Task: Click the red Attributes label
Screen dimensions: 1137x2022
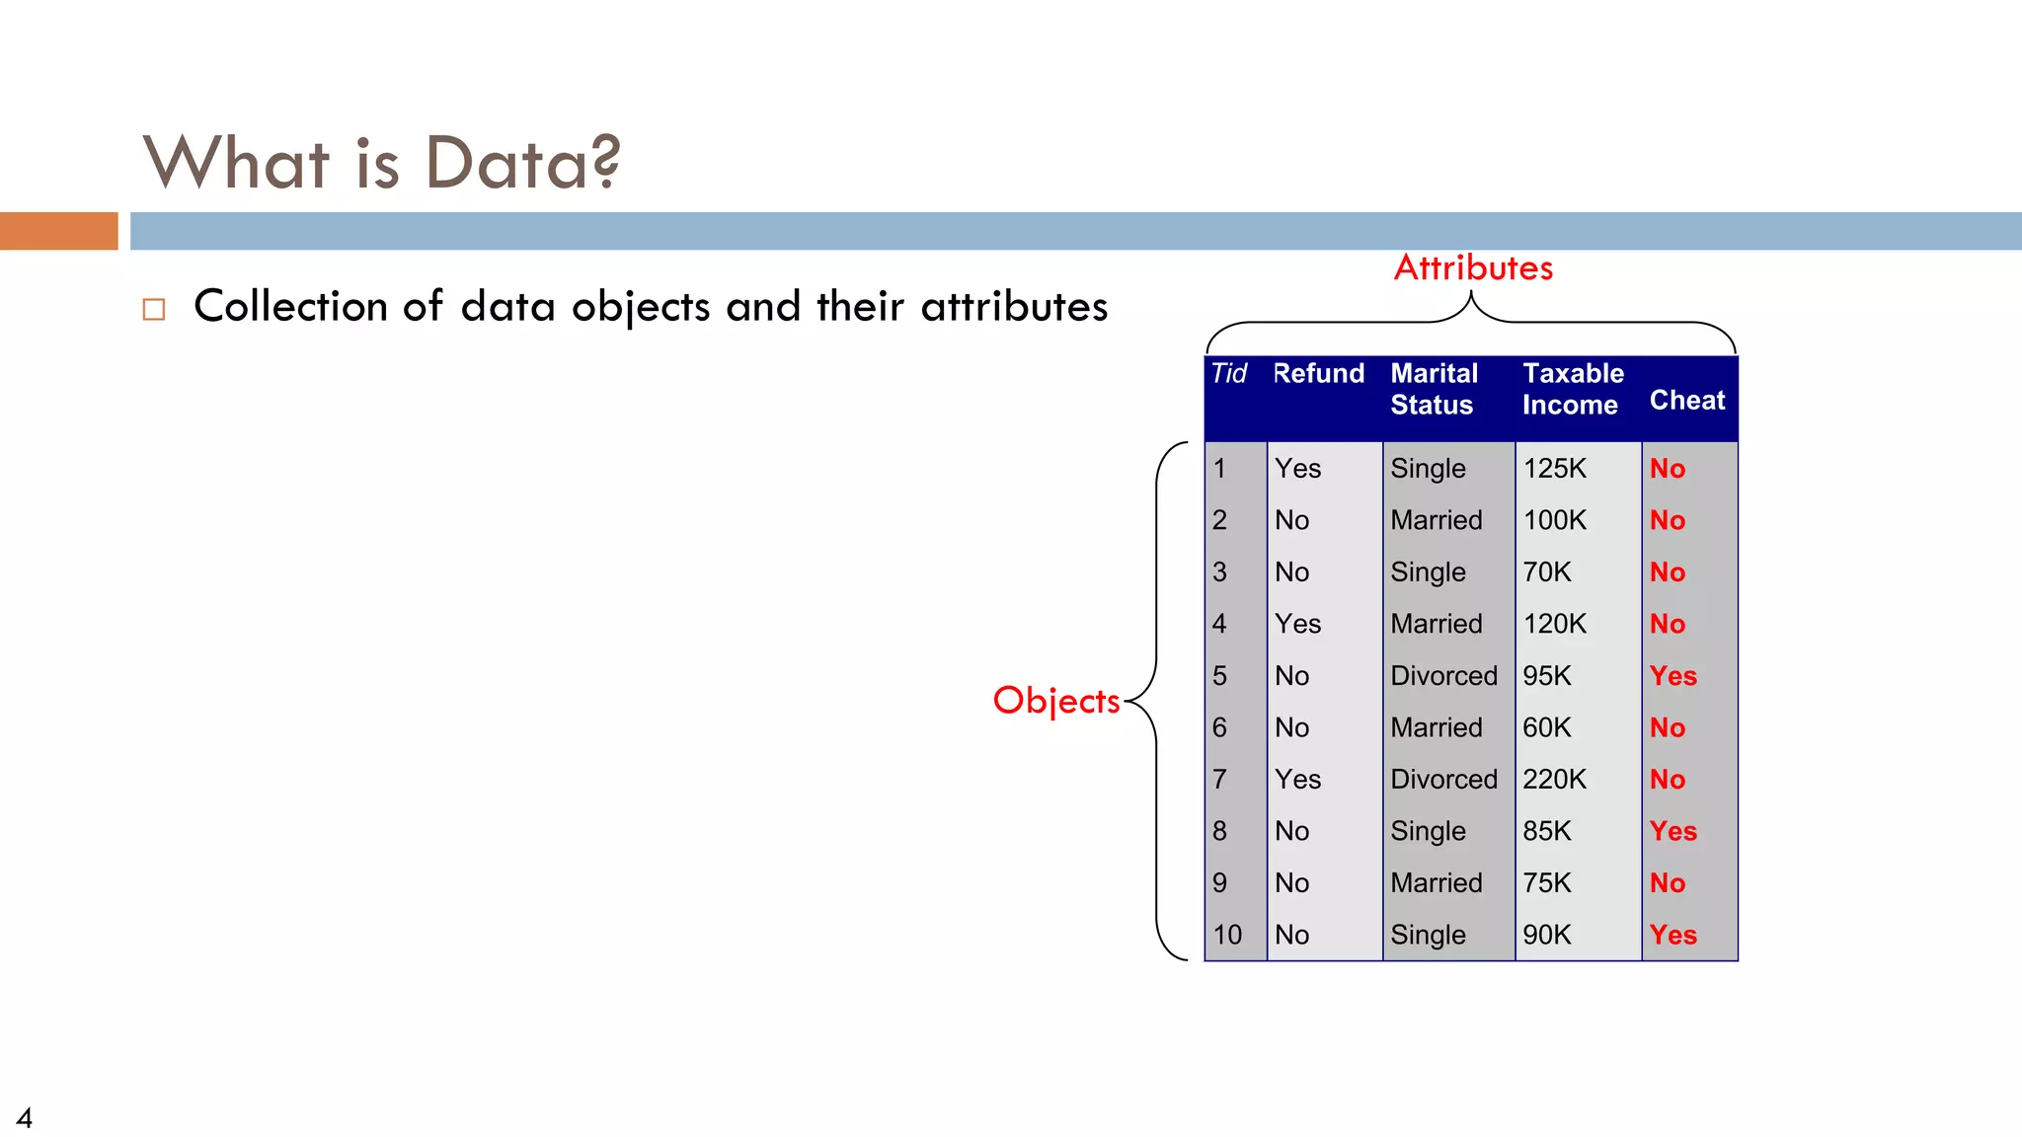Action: point(1472,268)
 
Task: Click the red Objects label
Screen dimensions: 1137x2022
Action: point(1055,701)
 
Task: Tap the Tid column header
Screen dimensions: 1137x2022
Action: point(1229,374)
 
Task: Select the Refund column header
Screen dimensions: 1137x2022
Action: point(1318,374)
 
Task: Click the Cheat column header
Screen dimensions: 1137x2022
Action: point(1686,401)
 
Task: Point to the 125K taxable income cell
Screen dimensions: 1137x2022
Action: point(1554,469)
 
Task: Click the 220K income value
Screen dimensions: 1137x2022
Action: point(1554,780)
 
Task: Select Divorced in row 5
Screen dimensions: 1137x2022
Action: point(1443,676)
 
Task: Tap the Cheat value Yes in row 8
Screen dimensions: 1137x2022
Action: point(1672,832)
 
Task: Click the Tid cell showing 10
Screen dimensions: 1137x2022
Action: point(1227,935)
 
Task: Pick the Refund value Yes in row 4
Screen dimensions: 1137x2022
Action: point(1297,624)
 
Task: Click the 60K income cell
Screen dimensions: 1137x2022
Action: point(1546,727)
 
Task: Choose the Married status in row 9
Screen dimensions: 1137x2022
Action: point(1436,883)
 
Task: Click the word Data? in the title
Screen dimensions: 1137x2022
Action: point(522,163)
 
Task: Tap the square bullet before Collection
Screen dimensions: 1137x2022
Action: point(154,310)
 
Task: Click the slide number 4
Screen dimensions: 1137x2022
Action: point(25,1118)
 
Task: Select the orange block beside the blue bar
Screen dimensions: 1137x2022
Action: point(58,231)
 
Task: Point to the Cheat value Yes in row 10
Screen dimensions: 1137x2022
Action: point(1672,936)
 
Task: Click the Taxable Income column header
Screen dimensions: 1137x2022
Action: point(1572,389)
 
